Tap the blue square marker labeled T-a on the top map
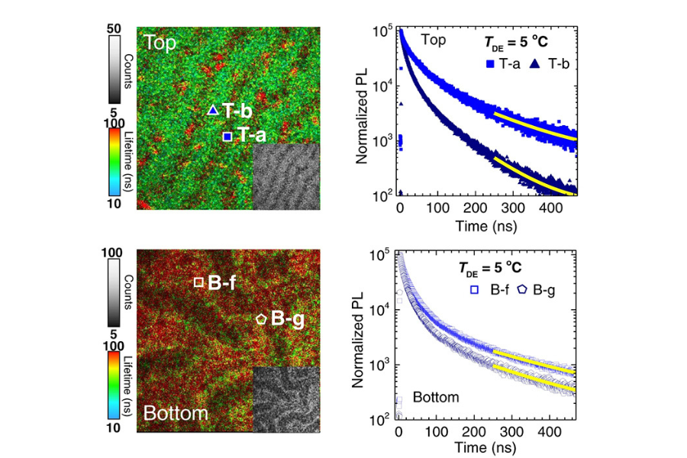click(227, 137)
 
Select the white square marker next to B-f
click(198, 282)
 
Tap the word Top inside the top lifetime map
click(156, 43)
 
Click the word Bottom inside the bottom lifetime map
click(176, 414)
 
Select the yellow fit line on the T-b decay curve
click(534, 176)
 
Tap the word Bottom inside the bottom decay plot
click(435, 397)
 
